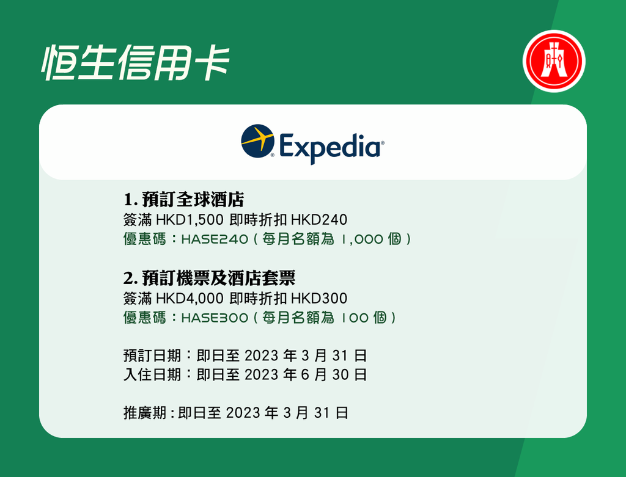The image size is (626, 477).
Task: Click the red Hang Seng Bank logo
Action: pos(554,62)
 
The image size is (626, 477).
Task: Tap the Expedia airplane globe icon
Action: pos(257,141)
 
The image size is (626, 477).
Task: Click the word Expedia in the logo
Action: pos(330,147)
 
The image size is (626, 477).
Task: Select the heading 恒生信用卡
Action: pos(136,63)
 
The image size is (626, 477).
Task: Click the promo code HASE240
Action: pos(215,239)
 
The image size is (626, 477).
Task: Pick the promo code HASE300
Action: pos(215,318)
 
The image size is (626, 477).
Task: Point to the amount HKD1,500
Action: pos(190,220)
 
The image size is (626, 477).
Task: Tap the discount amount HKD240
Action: pos(319,220)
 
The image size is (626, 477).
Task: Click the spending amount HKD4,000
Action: pos(190,298)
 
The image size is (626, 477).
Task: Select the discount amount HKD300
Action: pos(319,298)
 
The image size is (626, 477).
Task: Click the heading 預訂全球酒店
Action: pos(193,200)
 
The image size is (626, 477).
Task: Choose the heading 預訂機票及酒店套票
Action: pos(219,278)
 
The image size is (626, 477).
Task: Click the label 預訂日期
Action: pos(152,355)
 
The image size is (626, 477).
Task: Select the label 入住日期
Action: pos(152,374)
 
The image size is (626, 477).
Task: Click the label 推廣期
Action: pos(144,413)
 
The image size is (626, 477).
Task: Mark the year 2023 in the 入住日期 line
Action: pos(262,375)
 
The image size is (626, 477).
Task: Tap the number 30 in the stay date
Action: pos(341,375)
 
